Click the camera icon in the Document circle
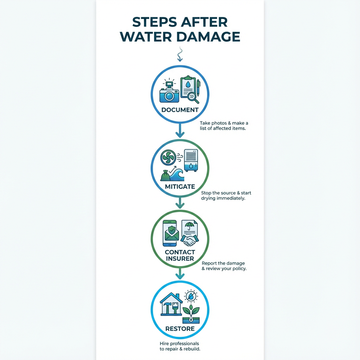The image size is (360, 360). click(169, 92)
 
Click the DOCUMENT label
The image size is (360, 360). click(180, 110)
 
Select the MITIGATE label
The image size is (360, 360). click(180, 187)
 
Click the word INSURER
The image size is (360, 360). click(180, 259)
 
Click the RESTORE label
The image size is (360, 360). click(180, 329)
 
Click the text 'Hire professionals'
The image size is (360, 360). click(179, 343)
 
